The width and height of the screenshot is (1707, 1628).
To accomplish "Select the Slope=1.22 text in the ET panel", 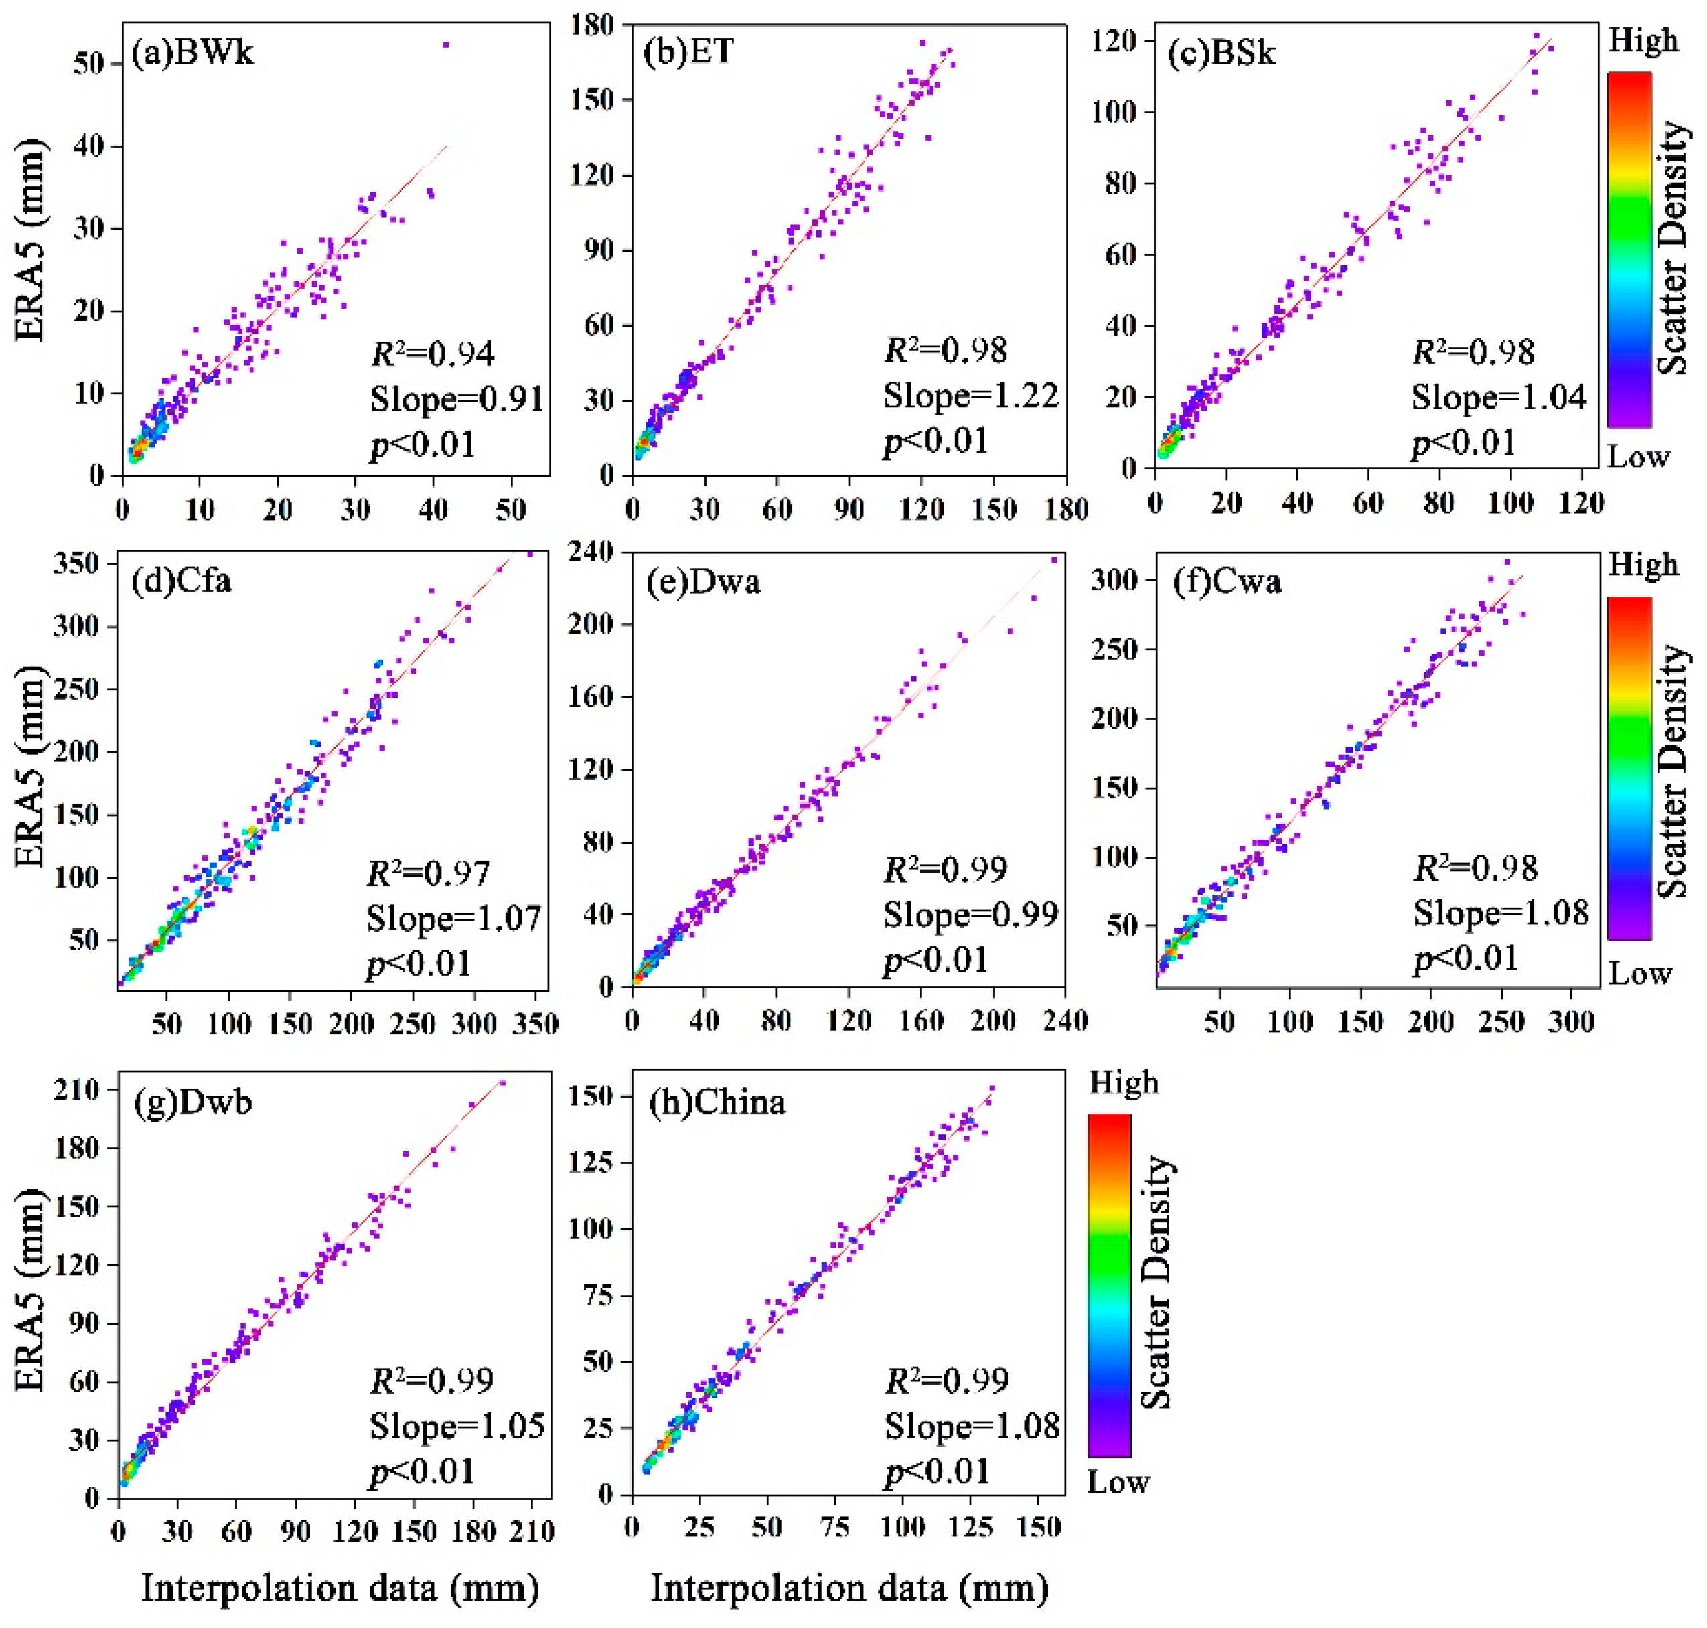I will click(970, 396).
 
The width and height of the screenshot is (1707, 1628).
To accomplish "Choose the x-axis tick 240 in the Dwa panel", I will click(1064, 1020).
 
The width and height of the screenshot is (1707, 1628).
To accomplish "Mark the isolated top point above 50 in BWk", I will click(447, 44).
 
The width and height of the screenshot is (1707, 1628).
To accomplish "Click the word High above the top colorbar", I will click(1642, 41).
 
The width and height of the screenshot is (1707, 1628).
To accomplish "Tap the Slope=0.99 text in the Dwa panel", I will click(970, 915).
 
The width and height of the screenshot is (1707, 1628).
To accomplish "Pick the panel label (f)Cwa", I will click(1226, 581).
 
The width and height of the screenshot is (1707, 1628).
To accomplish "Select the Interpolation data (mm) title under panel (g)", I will click(340, 1588).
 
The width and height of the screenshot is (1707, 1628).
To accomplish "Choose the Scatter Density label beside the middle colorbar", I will click(1672, 769).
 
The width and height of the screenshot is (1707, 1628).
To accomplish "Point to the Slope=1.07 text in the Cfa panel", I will click(454, 917).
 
